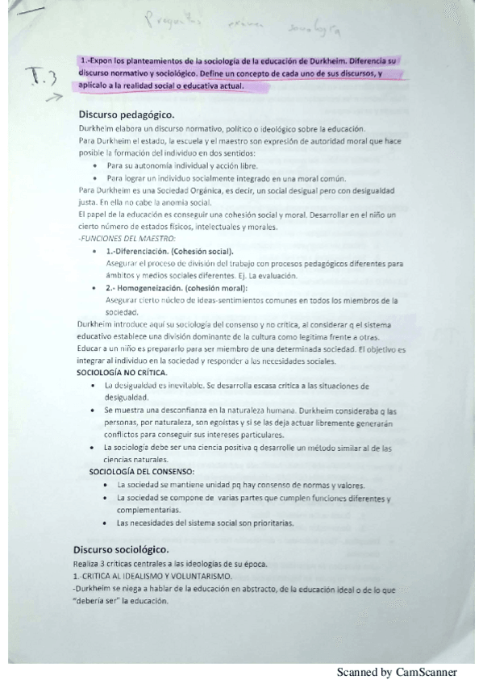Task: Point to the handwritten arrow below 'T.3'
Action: (x=53, y=100)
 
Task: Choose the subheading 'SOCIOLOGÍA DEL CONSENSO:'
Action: (x=141, y=470)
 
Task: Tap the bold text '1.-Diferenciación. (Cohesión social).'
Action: (x=169, y=252)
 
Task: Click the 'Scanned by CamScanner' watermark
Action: (x=397, y=672)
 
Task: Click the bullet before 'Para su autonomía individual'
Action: (x=95, y=165)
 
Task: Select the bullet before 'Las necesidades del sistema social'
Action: (x=106, y=523)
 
